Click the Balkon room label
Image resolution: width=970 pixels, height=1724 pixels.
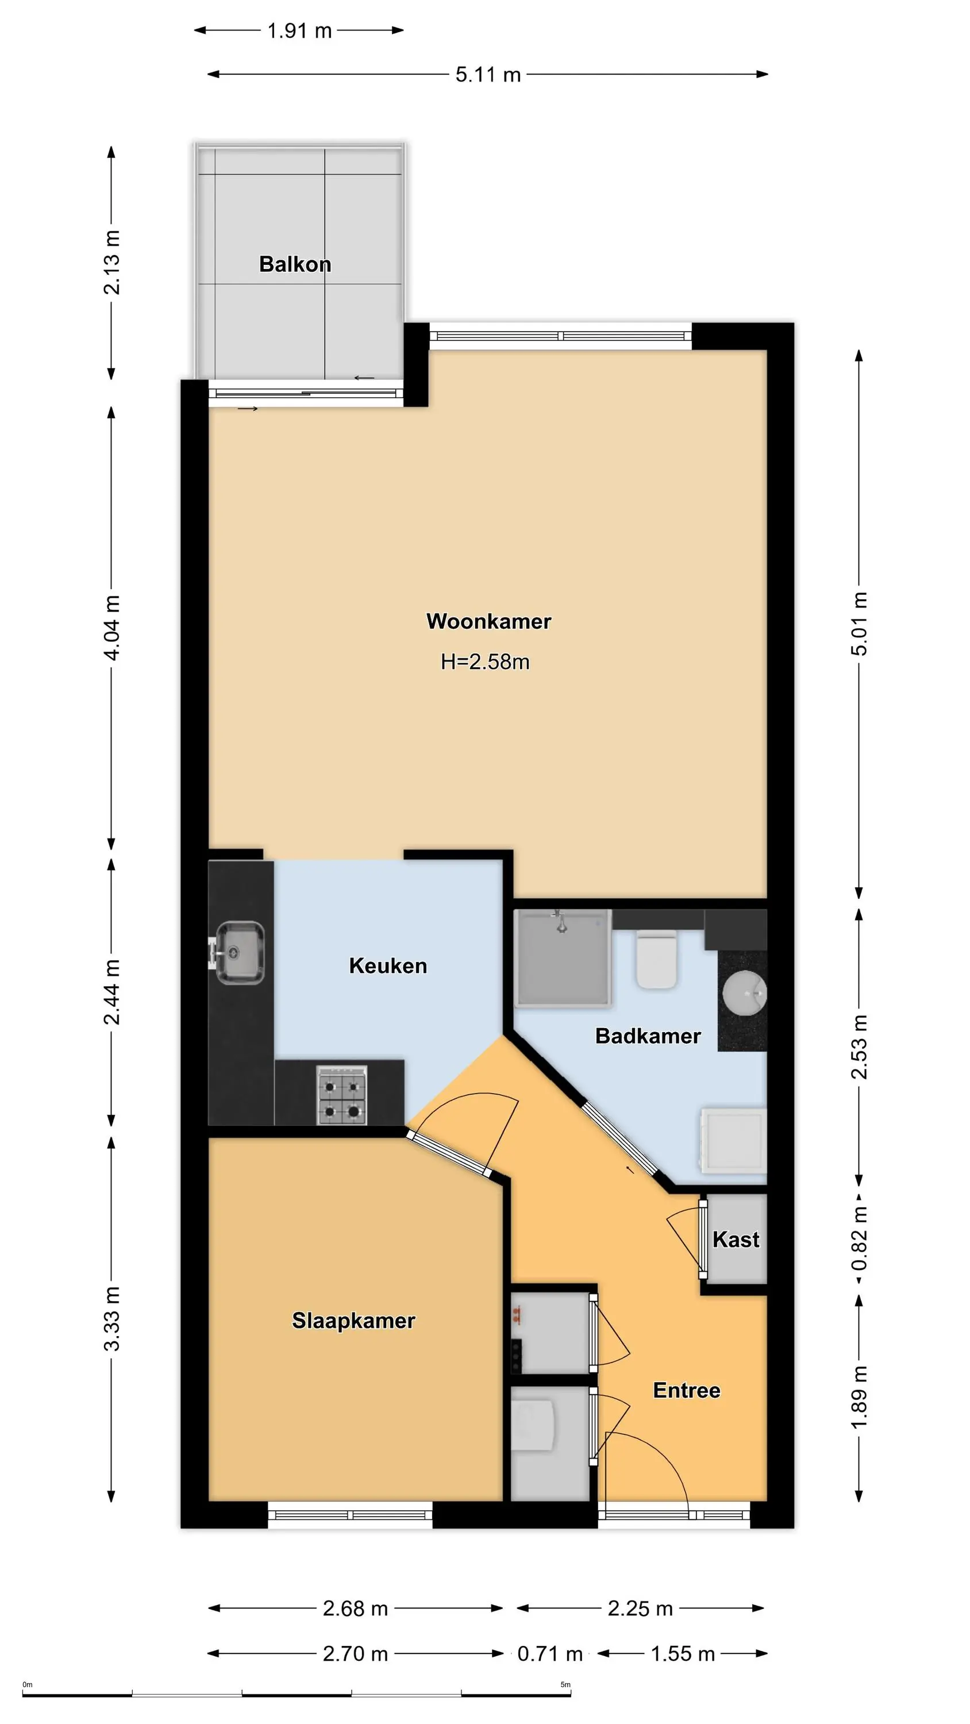tap(295, 264)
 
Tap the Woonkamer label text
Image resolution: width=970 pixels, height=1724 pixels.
tap(488, 621)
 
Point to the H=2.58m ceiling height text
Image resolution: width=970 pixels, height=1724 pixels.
tap(486, 662)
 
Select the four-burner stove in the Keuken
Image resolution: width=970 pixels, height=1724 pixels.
tap(342, 1095)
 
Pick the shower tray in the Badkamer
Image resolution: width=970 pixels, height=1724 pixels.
tap(563, 959)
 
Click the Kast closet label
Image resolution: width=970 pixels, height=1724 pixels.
tap(736, 1240)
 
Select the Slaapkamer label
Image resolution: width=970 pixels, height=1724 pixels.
tap(353, 1321)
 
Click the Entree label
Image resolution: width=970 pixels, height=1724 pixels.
tap(687, 1391)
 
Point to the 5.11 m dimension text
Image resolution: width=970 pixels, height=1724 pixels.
tap(488, 74)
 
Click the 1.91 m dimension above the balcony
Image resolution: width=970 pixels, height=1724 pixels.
tap(299, 31)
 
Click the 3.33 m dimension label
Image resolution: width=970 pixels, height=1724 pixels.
tap(112, 1318)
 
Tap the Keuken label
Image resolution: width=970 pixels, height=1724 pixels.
tap(388, 966)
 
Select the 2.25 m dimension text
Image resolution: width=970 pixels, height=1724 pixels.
tap(640, 1609)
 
